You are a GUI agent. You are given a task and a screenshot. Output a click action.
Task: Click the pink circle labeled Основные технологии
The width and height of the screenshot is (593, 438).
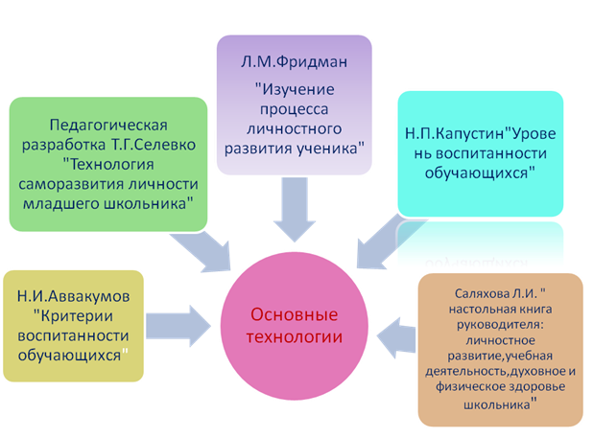tap(295, 326)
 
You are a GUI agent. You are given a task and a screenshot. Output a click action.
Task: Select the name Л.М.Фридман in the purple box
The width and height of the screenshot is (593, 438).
tap(294, 61)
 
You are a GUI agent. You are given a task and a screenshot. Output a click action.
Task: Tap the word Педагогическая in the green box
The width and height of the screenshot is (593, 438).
tap(108, 125)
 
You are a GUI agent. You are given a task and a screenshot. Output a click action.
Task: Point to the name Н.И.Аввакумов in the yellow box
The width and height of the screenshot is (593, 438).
tap(73, 296)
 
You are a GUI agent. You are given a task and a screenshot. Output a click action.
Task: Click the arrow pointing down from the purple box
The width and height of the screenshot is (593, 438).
tap(295, 209)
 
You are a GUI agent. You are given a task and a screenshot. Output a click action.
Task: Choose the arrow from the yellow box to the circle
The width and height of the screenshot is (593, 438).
tap(178, 326)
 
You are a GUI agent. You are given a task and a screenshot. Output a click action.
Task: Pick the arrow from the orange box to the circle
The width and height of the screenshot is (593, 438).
tap(396, 337)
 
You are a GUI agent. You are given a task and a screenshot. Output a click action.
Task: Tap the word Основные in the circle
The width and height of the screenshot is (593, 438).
tap(295, 314)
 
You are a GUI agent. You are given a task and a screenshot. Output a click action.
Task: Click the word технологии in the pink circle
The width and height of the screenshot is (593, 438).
tap(295, 336)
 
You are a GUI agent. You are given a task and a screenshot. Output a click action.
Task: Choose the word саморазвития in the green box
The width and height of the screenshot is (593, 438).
tap(71, 184)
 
